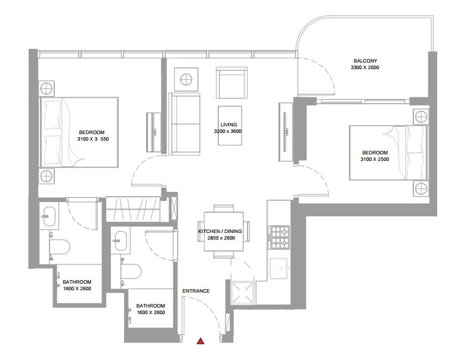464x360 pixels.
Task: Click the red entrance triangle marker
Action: click(200, 341)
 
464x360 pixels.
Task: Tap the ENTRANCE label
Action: click(196, 291)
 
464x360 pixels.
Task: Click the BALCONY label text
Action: click(365, 61)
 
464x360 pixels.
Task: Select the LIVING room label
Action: click(228, 125)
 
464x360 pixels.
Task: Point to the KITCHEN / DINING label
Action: click(220, 231)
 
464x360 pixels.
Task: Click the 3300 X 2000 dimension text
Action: click(365, 67)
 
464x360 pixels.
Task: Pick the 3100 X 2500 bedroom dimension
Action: click(375, 159)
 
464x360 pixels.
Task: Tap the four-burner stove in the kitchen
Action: click(279, 237)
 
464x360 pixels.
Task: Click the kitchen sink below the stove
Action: click(279, 269)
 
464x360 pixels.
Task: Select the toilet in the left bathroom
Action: click(60, 247)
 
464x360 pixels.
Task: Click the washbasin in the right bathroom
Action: click(120, 240)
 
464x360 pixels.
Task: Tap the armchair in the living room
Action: click(232, 82)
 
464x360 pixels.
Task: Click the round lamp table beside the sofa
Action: click(186, 79)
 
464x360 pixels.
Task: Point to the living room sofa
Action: click(184, 123)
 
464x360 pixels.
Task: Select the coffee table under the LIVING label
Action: click(230, 125)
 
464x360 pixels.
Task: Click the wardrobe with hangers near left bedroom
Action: click(133, 209)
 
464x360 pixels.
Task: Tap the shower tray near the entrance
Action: click(243, 293)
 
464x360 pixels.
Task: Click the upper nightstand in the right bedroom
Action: click(421, 117)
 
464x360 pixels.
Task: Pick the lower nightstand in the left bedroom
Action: click(47, 176)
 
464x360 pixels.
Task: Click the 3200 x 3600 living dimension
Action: click(228, 131)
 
